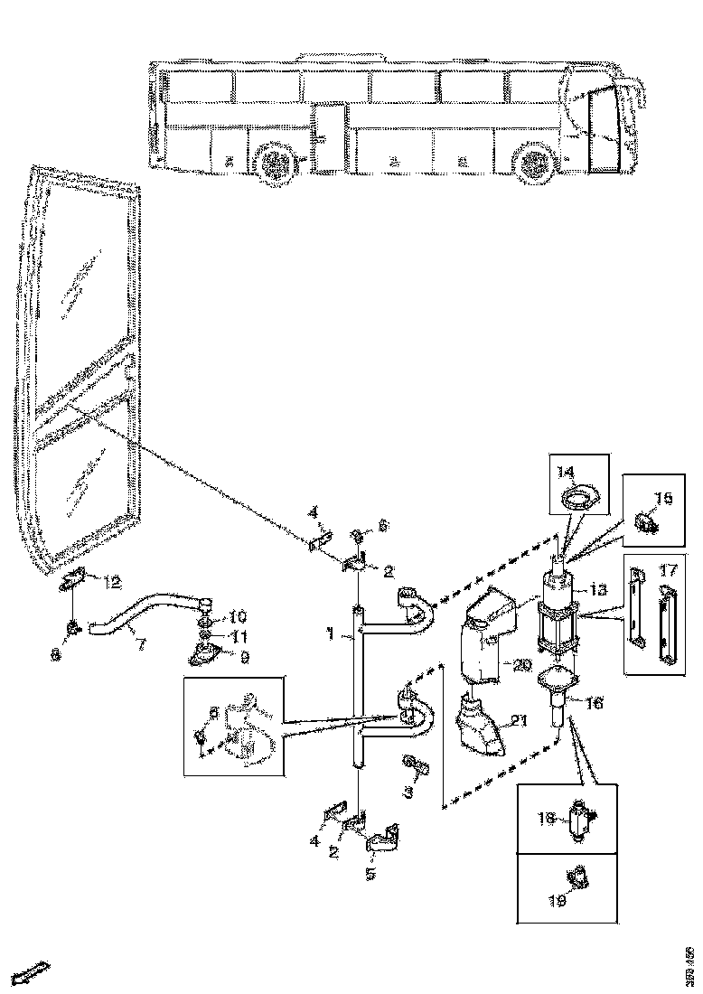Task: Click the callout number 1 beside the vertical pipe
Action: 333,636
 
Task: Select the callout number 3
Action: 408,791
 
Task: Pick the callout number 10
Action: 238,617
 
